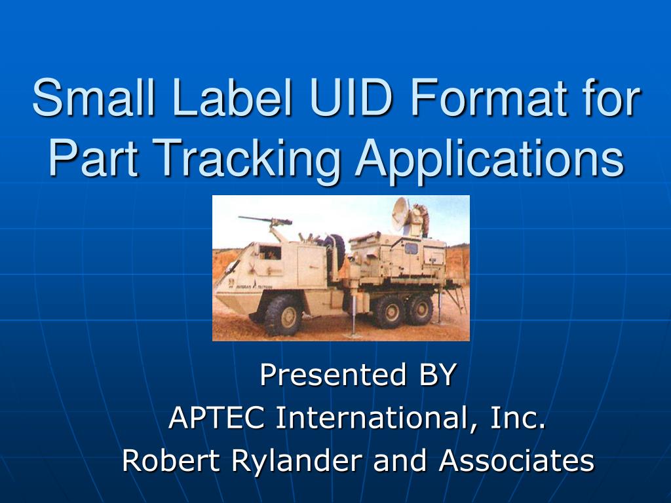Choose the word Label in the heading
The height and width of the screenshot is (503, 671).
pyautogui.click(x=218, y=99)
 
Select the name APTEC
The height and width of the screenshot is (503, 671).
pyautogui.click(x=217, y=418)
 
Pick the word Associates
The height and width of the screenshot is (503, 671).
pyautogui.click(x=516, y=460)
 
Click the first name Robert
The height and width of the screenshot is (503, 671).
pyautogui.click(x=172, y=460)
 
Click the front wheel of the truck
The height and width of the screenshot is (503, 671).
pyautogui.click(x=281, y=314)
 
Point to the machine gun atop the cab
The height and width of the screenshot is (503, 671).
pyautogui.click(x=262, y=219)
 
